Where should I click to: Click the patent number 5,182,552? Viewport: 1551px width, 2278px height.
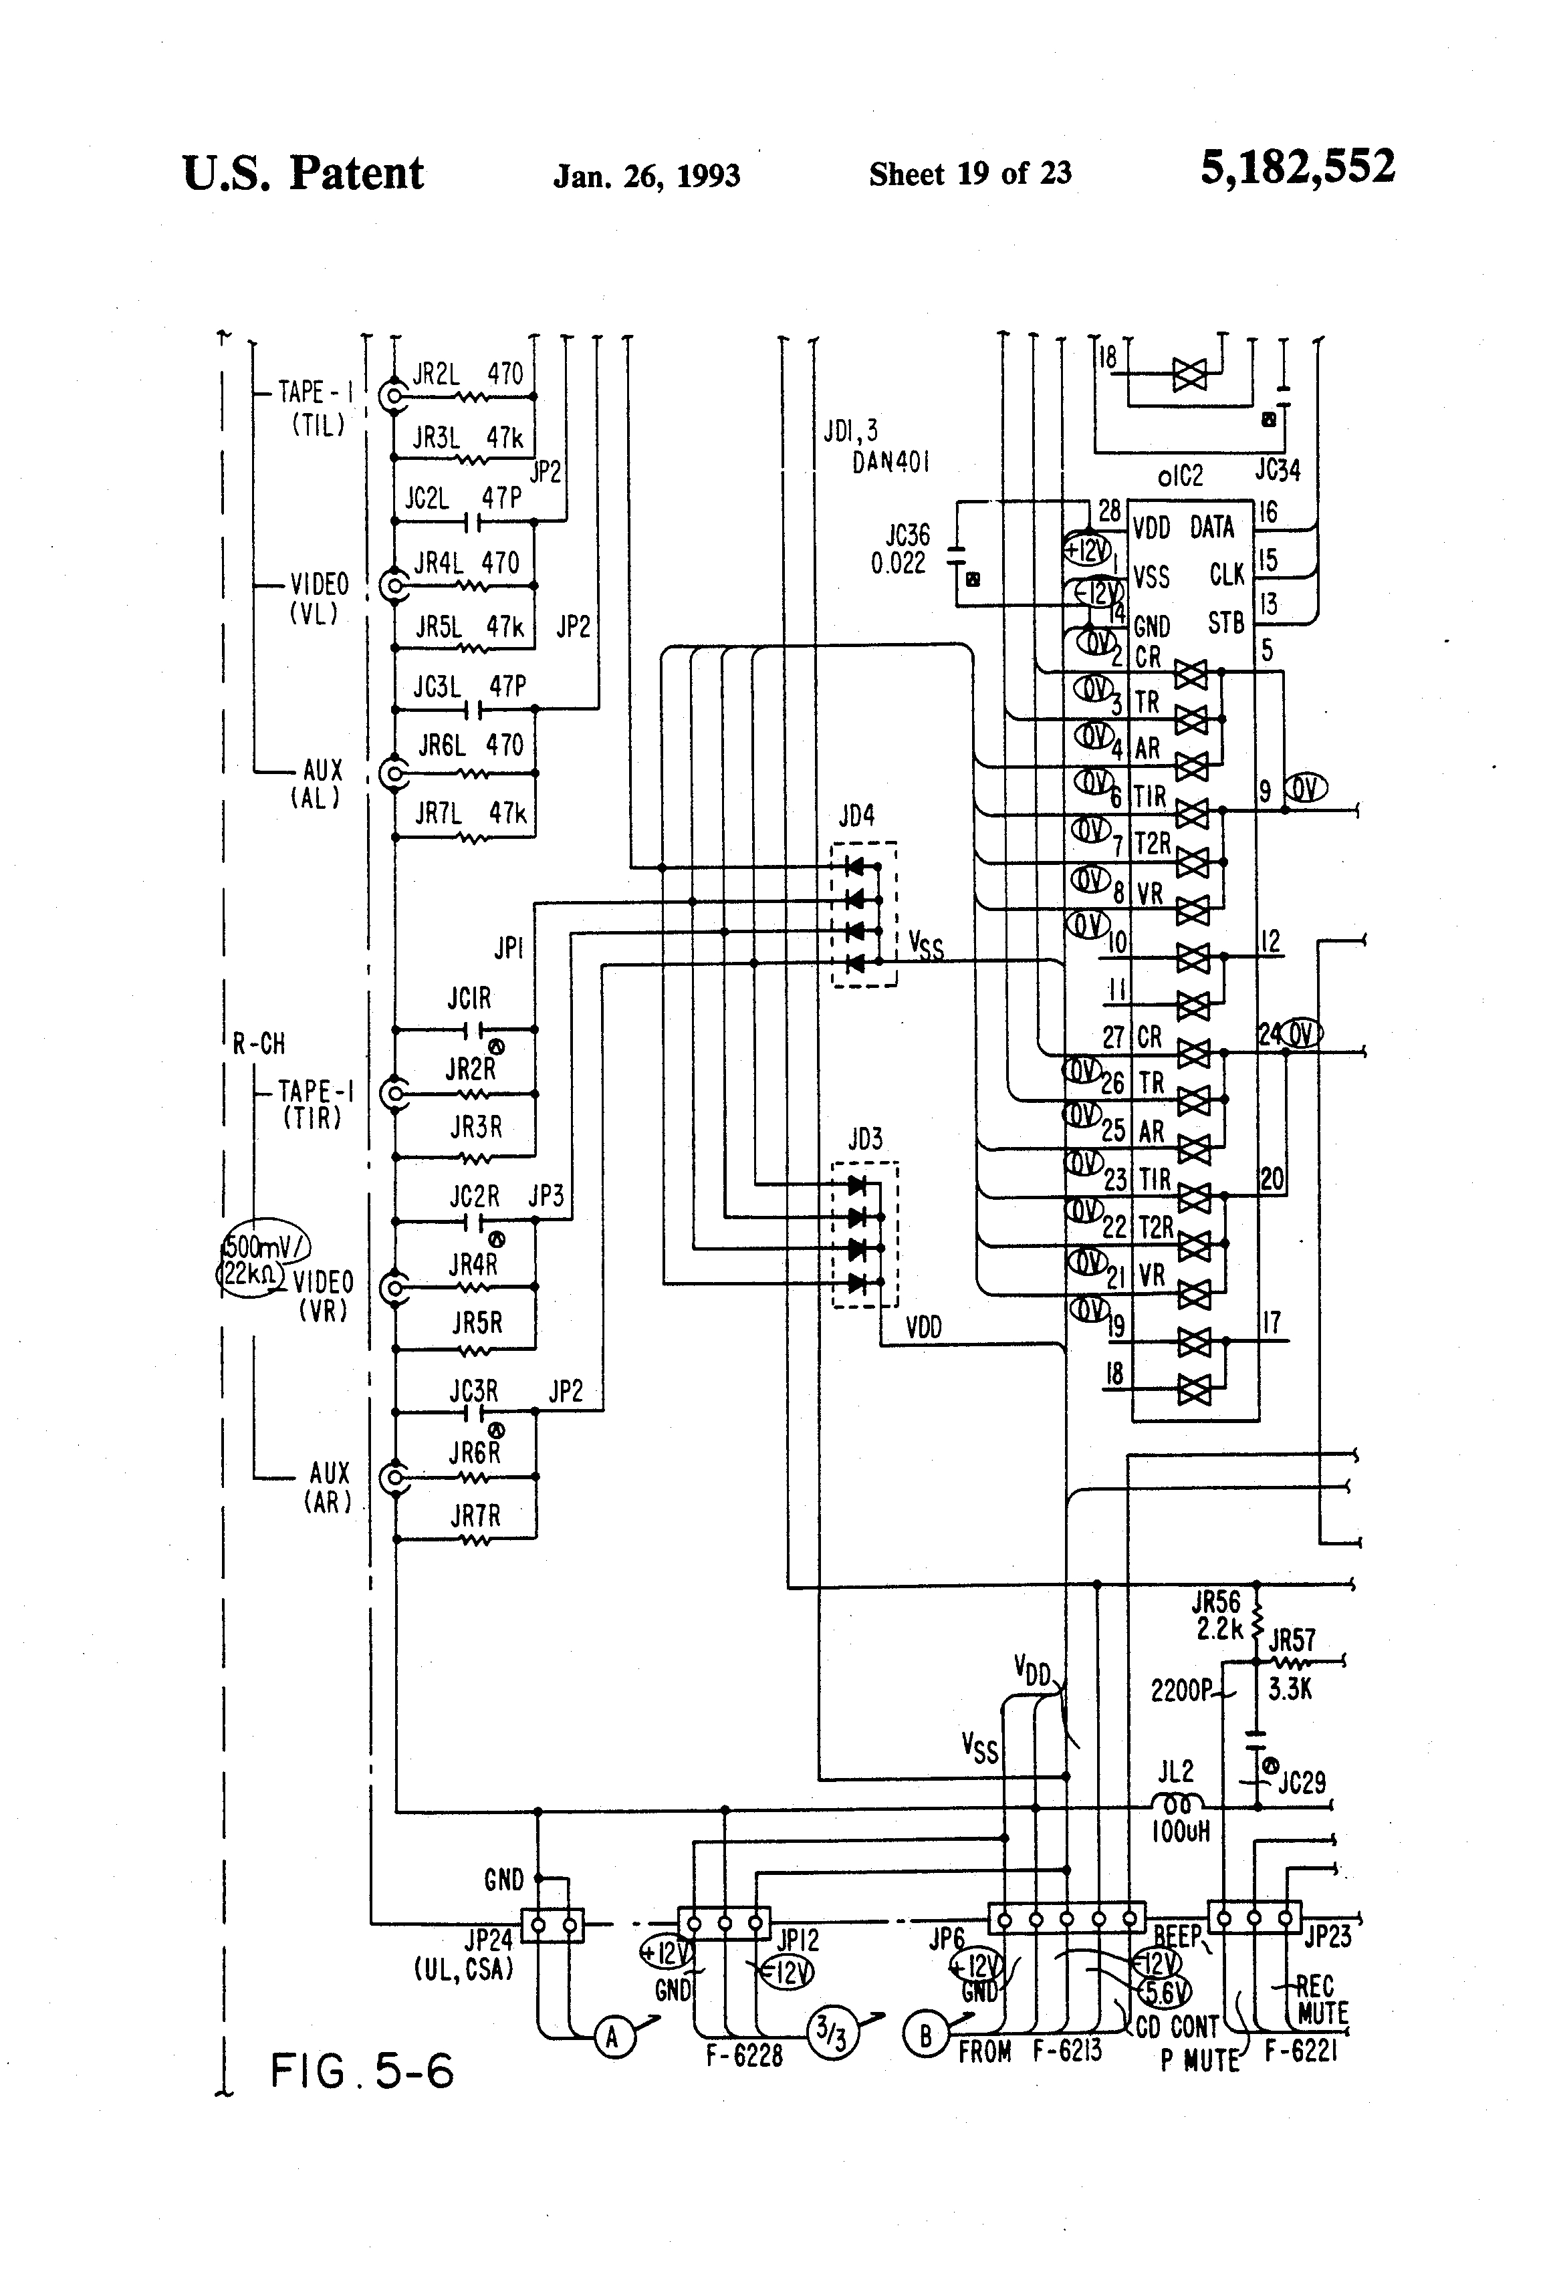point(1296,168)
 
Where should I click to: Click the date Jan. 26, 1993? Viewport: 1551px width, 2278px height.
point(646,175)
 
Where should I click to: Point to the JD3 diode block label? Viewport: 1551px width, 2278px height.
point(864,1139)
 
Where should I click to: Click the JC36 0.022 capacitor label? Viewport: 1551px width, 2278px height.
point(899,549)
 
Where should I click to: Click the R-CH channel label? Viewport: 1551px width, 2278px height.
point(259,1044)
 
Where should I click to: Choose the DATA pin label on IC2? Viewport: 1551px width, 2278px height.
point(1212,527)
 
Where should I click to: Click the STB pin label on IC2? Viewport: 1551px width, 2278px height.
point(1225,622)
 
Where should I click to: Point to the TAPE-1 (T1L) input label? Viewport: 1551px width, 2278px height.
point(315,408)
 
